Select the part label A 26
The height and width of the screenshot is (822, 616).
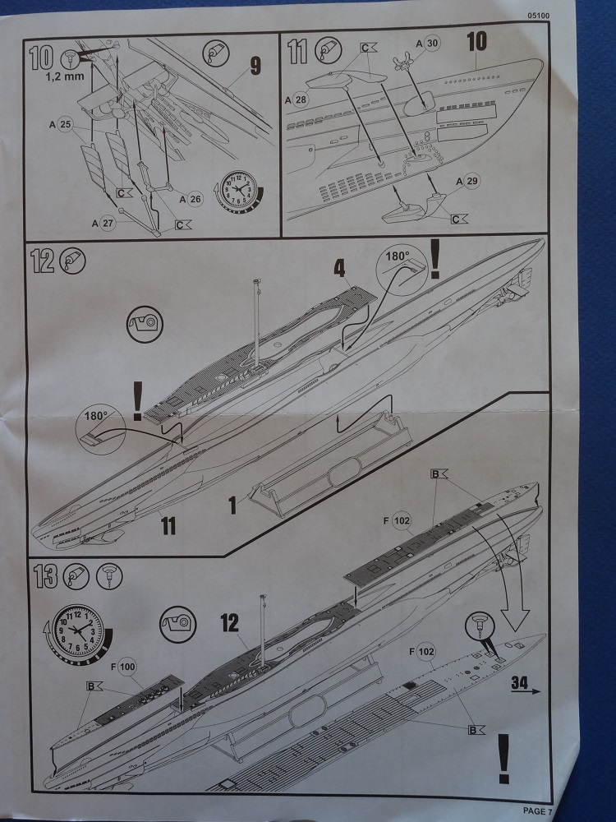(191, 197)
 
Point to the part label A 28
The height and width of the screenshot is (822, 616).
(297, 99)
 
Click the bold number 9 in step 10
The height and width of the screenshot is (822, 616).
(255, 65)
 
